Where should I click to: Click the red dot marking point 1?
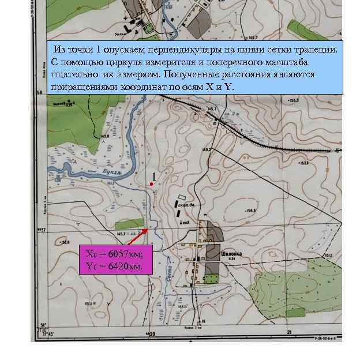(151, 184)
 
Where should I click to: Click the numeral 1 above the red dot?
(154, 175)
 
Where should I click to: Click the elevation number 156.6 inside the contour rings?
(250, 211)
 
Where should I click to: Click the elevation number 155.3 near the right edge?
(310, 100)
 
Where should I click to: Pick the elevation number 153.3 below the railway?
(304, 163)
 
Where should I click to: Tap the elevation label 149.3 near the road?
(206, 149)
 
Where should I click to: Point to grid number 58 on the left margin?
(40, 92)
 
